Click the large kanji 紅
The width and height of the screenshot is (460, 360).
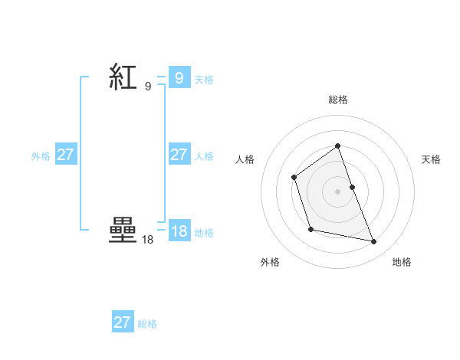123,77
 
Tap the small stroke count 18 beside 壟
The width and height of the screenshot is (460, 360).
147,240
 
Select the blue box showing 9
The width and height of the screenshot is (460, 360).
179,78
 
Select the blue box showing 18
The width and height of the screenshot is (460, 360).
179,231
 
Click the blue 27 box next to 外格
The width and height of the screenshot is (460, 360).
66,155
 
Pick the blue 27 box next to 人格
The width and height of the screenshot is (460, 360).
179,155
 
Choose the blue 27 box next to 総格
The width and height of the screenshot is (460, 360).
123,322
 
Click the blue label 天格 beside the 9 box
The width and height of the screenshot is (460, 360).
204,80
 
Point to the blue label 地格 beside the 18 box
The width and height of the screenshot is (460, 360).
204,233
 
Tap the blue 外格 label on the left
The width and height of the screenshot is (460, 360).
41,156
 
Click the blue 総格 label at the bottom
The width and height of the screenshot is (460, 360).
147,324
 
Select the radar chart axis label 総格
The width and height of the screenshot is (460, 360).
338,100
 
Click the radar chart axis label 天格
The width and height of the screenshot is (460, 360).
432,159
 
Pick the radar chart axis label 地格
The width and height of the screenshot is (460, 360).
402,262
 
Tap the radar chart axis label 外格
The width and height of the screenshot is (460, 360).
270,262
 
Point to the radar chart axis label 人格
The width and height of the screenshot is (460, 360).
245,159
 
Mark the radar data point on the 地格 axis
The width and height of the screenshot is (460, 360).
374,242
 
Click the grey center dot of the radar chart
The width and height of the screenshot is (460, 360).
337,191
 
